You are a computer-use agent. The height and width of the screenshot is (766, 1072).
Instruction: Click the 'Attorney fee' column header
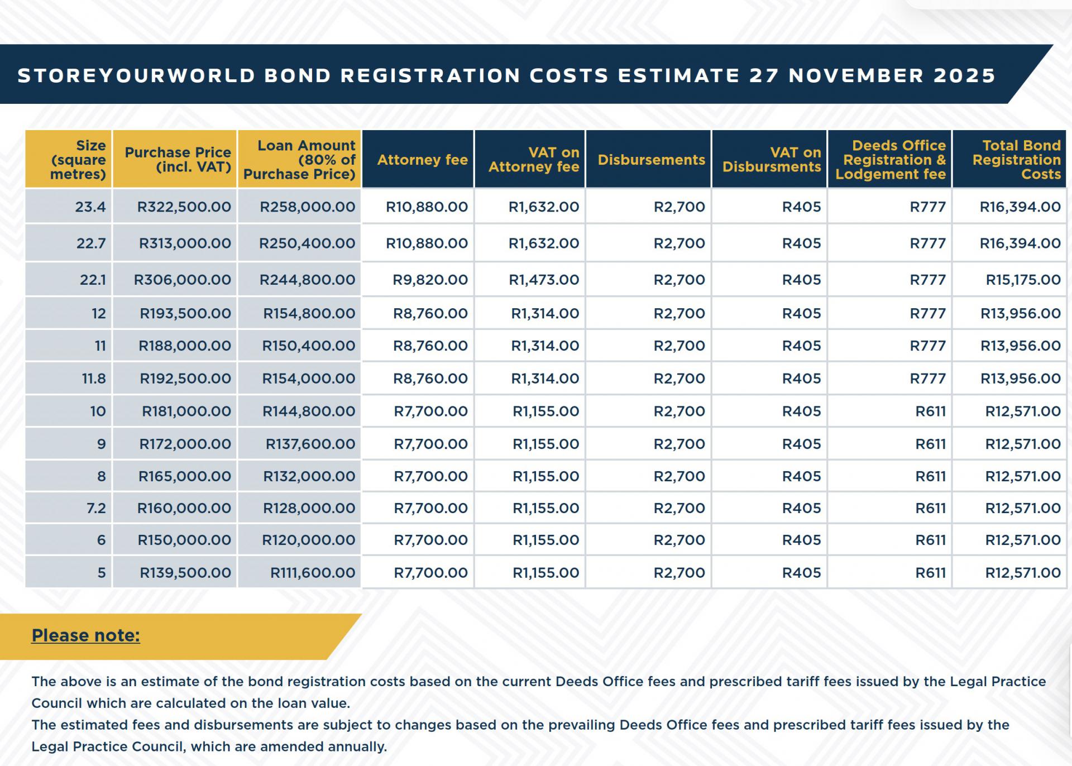point(422,160)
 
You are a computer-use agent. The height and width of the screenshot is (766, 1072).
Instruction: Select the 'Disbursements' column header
point(651,160)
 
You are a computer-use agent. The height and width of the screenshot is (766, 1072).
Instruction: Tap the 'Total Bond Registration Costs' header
point(1016,160)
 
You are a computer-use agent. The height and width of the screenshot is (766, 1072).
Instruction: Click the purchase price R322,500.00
point(184,207)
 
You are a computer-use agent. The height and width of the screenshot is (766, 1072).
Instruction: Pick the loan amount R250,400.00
point(307,243)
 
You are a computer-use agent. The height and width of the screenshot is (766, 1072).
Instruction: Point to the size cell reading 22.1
point(93,280)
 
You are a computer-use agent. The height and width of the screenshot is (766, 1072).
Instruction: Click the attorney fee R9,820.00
point(430,280)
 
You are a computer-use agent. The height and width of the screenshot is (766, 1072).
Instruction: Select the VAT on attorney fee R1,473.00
point(544,280)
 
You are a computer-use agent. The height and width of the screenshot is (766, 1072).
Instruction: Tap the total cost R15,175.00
point(1023,280)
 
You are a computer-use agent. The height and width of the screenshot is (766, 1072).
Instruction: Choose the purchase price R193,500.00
point(185,314)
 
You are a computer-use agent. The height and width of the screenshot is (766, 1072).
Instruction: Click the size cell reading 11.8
point(94,379)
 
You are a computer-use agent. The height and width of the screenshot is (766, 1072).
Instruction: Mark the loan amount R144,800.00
point(309,411)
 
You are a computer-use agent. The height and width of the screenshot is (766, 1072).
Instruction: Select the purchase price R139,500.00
point(185,573)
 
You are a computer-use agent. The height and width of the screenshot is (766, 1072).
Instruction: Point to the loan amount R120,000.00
point(309,540)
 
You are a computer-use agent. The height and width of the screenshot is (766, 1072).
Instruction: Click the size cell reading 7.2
point(96,509)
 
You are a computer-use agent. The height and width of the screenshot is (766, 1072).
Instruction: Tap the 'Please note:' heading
point(85,635)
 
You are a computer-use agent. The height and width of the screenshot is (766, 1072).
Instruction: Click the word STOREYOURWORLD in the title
point(136,76)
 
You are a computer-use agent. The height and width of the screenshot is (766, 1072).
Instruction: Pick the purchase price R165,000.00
point(185,477)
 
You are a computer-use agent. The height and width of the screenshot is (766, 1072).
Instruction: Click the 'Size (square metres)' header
point(78,160)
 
